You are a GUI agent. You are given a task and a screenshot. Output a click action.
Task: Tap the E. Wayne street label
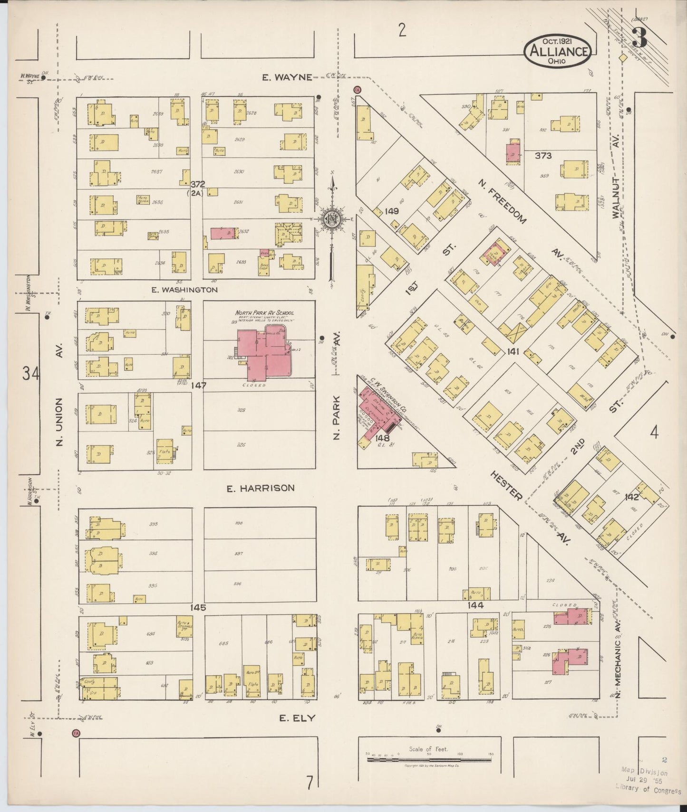coord(288,77)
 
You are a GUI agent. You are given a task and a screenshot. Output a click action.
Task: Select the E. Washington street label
coord(184,289)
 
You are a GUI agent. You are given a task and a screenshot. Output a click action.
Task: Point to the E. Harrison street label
coord(260,488)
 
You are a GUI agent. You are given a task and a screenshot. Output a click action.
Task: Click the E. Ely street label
coord(297,718)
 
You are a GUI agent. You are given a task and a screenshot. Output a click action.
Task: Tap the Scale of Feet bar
coord(429,760)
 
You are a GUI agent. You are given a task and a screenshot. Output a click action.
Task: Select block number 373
coord(542,155)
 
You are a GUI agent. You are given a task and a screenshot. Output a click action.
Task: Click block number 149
coord(392,211)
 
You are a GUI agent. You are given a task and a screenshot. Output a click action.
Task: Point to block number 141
coord(513,351)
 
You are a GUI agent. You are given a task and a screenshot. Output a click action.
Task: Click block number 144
coord(475,605)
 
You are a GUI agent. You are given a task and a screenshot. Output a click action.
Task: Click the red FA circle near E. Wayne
coord(357,89)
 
